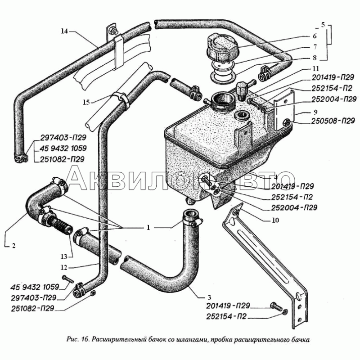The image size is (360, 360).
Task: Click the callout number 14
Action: tap(64, 31)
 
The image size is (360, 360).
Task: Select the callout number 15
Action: tap(86, 102)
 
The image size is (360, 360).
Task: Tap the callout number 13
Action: tap(64, 256)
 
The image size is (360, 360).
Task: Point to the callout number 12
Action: tap(64, 267)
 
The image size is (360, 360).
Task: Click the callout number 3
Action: tap(209, 297)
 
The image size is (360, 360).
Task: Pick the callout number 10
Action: tap(275, 220)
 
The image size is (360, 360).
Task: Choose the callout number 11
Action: tap(316, 69)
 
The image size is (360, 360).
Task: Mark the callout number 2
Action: tap(14, 246)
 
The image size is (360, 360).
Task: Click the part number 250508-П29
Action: tap(333, 121)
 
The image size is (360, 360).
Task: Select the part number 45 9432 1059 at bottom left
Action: tap(35, 287)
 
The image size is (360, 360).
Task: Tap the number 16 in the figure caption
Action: tap(85, 339)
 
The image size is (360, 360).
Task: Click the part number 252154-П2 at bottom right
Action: tap(226, 317)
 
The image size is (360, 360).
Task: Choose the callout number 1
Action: tap(148, 227)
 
